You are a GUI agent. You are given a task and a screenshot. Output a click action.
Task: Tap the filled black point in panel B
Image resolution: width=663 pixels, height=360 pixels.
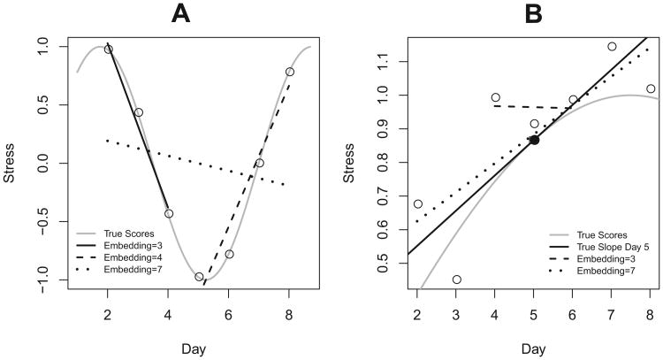tap(534, 140)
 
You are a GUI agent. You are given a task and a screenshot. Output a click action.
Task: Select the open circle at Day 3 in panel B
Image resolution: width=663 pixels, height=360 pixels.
tap(457, 280)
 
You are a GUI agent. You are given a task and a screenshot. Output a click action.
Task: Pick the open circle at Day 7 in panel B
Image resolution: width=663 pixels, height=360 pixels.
tap(612, 46)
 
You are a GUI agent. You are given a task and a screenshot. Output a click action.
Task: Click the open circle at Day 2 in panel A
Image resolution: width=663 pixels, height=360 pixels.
tap(109, 50)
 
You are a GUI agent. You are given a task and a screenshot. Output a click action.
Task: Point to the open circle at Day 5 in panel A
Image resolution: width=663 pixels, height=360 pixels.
tap(199, 277)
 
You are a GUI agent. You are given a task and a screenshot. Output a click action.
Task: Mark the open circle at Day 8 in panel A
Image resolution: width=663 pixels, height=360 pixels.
tap(289, 72)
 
